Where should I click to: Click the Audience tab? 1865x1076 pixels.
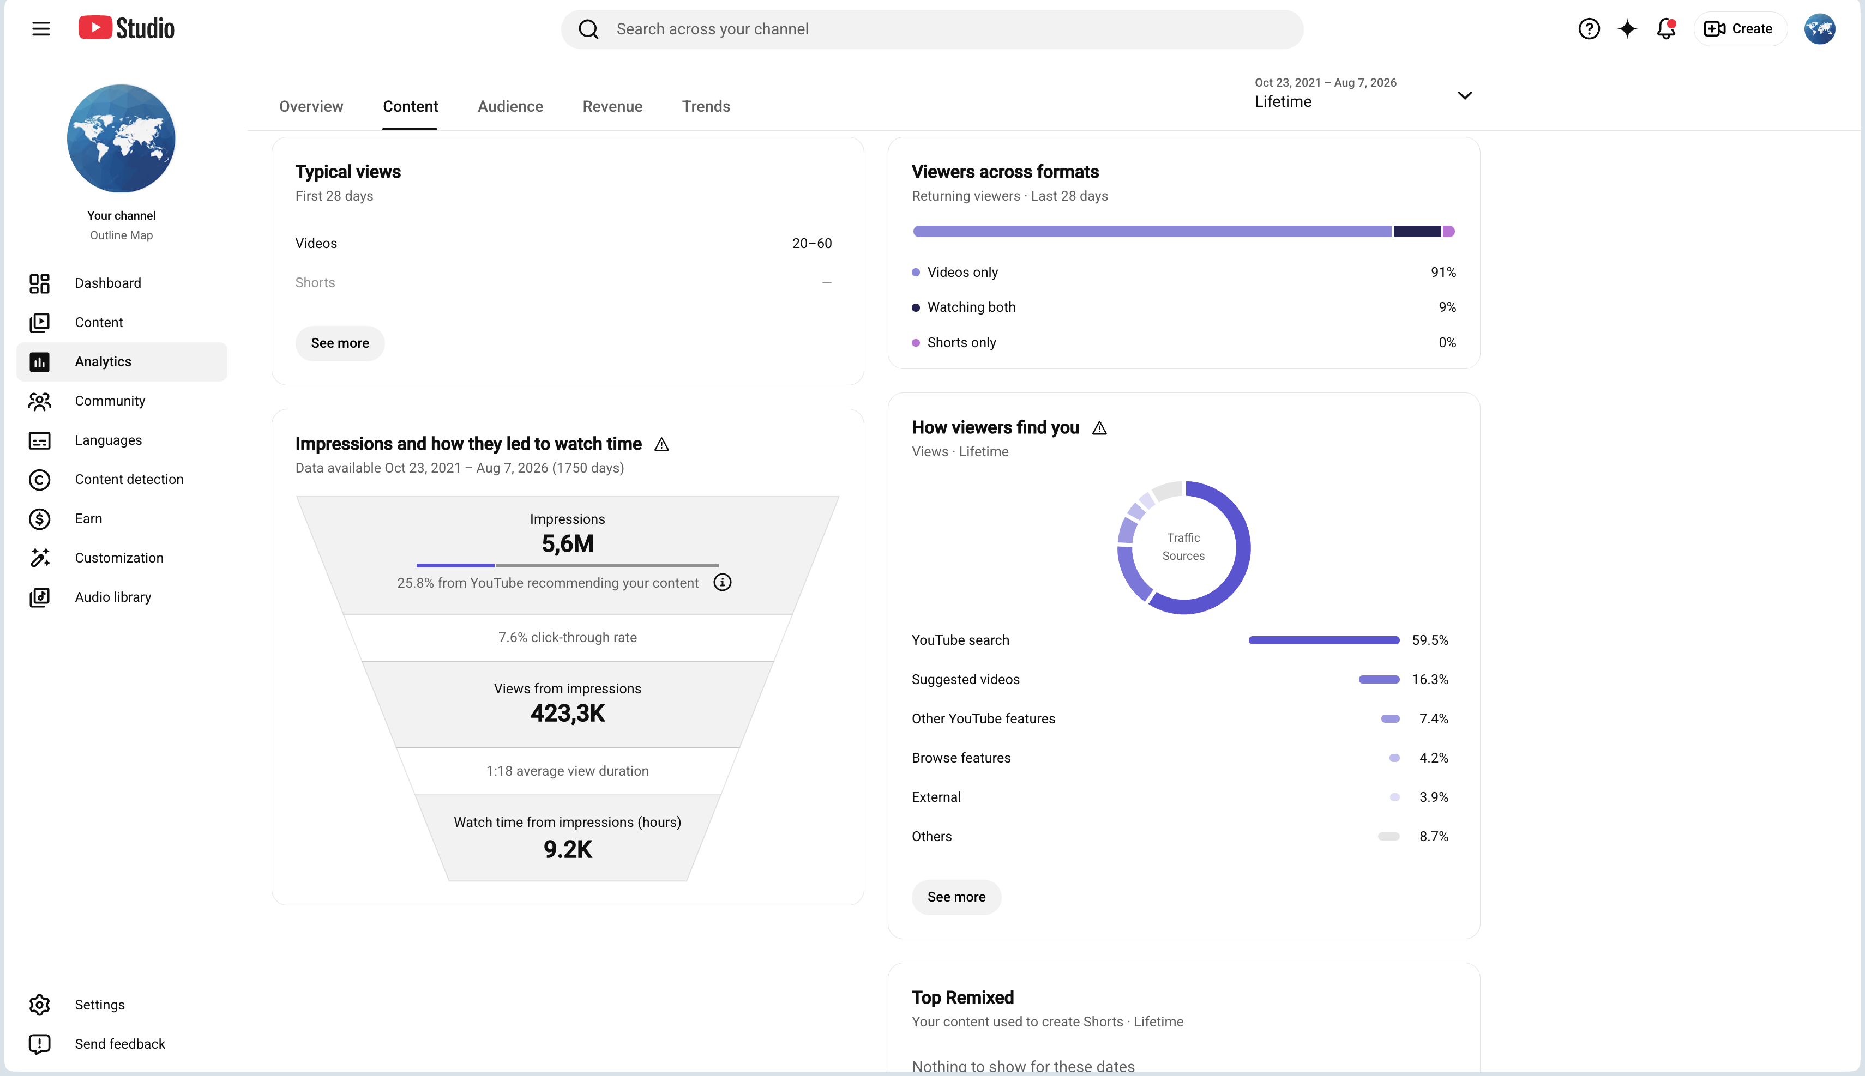click(510, 106)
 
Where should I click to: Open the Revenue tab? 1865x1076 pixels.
click(612, 106)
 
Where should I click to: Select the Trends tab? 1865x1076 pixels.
click(706, 106)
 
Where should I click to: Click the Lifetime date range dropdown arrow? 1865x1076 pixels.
click(1464, 95)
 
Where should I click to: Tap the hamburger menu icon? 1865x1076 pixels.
click(41, 29)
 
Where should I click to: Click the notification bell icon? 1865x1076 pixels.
click(1666, 29)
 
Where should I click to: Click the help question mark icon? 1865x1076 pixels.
click(1589, 29)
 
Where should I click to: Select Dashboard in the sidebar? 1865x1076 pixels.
click(108, 283)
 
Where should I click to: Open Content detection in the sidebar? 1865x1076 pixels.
click(129, 479)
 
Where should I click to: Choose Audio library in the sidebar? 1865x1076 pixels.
click(112, 597)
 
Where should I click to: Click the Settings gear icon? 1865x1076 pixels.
click(40, 1004)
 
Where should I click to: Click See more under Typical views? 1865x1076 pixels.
click(340, 343)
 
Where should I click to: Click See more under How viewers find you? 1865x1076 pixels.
click(956, 897)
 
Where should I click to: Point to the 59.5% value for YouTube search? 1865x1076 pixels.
click(1430, 640)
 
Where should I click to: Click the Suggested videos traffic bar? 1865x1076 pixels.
click(1379, 679)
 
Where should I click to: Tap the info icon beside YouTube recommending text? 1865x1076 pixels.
click(722, 582)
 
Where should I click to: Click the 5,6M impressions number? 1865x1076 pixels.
click(568, 544)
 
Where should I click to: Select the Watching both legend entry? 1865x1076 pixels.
click(971, 307)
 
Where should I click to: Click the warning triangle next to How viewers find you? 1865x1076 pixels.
click(1099, 428)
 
